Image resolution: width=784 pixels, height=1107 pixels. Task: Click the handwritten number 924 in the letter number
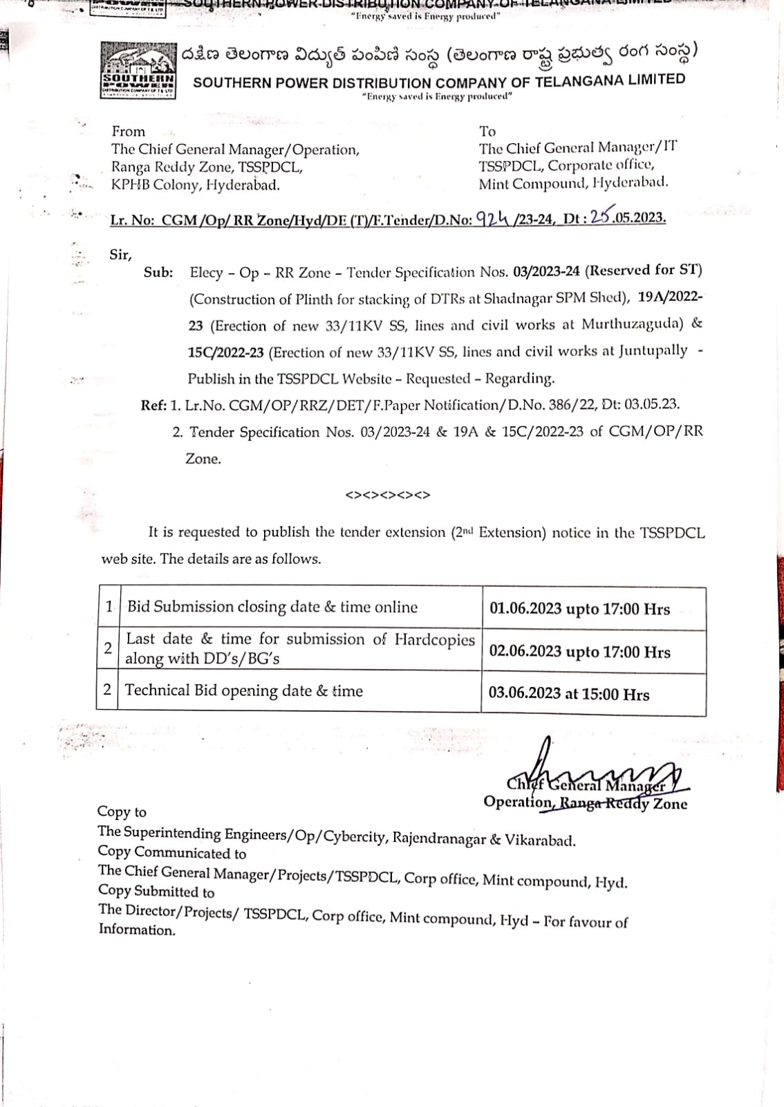tap(494, 218)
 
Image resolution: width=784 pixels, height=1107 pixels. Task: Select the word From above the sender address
tap(129, 131)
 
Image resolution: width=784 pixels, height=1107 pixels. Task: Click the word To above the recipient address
tap(487, 131)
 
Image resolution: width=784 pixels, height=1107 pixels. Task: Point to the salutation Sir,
tap(120, 255)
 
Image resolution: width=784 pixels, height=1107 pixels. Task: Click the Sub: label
tap(158, 273)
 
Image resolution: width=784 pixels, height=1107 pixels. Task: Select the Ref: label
tap(153, 405)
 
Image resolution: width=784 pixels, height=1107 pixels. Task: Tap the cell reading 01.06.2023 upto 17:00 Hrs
tap(579, 609)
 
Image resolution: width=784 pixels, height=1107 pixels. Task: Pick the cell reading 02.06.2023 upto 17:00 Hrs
tap(579, 652)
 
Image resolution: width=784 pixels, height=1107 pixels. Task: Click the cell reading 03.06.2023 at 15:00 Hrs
tap(569, 694)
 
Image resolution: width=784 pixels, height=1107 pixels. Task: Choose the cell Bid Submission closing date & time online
tap(272, 607)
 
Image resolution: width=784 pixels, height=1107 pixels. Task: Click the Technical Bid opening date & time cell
tap(243, 690)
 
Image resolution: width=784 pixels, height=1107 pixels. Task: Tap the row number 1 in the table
tap(109, 607)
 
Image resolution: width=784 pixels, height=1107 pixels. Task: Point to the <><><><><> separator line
tap(388, 495)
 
